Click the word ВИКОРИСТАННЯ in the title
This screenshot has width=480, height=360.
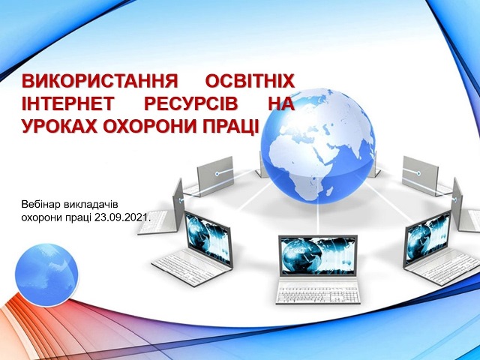pyautogui.click(x=100, y=81)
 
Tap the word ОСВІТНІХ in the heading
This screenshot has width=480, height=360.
pyautogui.click(x=250, y=81)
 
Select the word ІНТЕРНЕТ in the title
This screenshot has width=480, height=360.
pyautogui.click(x=67, y=103)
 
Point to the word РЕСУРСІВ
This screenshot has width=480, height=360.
pyautogui.click(x=191, y=103)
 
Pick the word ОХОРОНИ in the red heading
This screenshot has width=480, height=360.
pyautogui.click(x=149, y=126)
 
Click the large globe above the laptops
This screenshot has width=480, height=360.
pyautogui.click(x=318, y=146)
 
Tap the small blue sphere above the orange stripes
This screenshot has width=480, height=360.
pyautogui.click(x=46, y=275)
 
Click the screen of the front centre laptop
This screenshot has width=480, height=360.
pyautogui.click(x=318, y=255)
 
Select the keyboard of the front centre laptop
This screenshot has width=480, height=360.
pyautogui.click(x=318, y=293)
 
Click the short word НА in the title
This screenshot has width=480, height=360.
pyautogui.click(x=281, y=103)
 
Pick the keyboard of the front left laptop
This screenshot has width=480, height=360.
pyautogui.click(x=187, y=269)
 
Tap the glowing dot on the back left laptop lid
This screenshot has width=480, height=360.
pyautogui.click(x=217, y=174)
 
